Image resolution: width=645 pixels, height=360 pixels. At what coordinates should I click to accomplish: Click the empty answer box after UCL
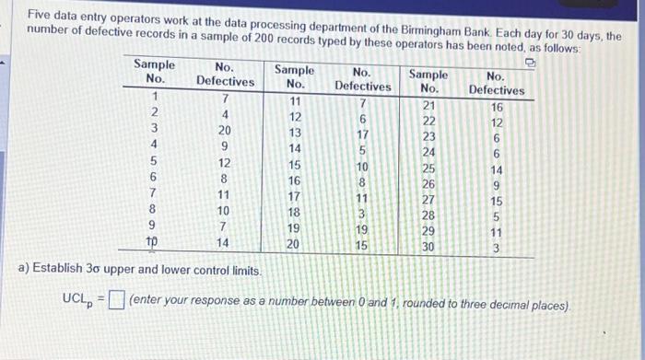[116, 301]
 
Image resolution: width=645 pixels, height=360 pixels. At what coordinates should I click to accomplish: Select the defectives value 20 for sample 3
[224, 130]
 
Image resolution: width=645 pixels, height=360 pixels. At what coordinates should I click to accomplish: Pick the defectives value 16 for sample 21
[497, 106]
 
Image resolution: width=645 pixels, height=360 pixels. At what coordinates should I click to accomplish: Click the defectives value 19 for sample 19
[362, 229]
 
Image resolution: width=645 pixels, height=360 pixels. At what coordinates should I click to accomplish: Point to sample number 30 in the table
[428, 247]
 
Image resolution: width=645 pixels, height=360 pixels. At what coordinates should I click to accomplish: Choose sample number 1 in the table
[156, 98]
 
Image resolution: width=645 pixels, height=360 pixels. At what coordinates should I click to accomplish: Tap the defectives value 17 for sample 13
[362, 133]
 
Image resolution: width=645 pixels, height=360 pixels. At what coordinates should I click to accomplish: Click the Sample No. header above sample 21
[428, 81]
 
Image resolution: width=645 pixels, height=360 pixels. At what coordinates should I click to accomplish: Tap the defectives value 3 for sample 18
[362, 213]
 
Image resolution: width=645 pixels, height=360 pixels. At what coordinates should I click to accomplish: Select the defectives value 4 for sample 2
[224, 114]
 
